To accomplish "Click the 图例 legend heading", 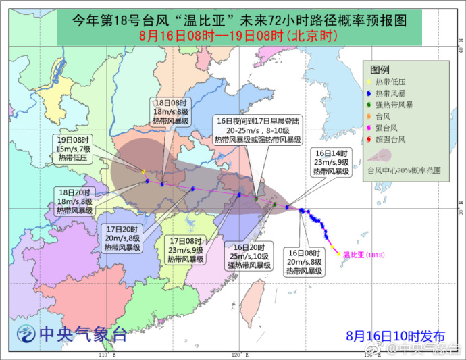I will coord(380,69).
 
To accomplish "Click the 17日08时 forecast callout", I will coord(186,250).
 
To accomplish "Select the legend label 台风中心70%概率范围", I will coord(403,171).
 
